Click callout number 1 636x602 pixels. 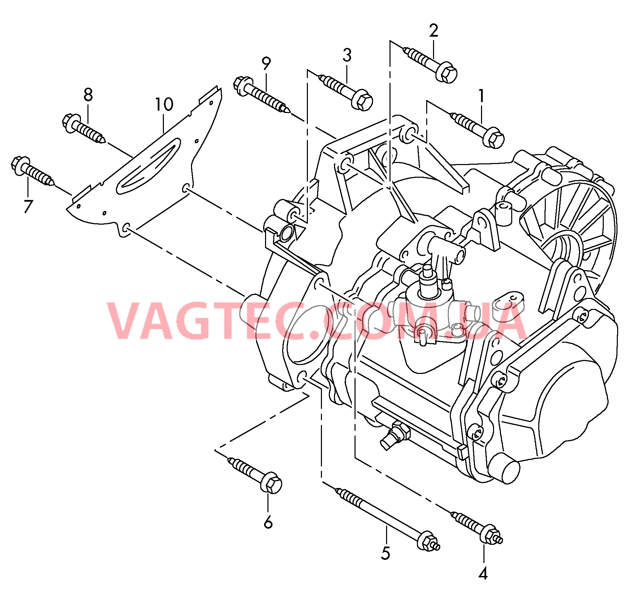point(481,96)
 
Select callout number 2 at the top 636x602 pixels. point(433,31)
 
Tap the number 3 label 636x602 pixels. point(347,55)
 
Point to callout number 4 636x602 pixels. point(483,573)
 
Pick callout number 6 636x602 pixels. point(268,522)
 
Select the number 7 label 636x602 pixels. point(28,206)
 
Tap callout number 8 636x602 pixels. point(88,95)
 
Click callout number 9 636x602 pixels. point(266,63)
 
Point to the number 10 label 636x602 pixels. point(164,104)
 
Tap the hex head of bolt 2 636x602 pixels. point(446,72)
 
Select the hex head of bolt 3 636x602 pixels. point(362,100)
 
